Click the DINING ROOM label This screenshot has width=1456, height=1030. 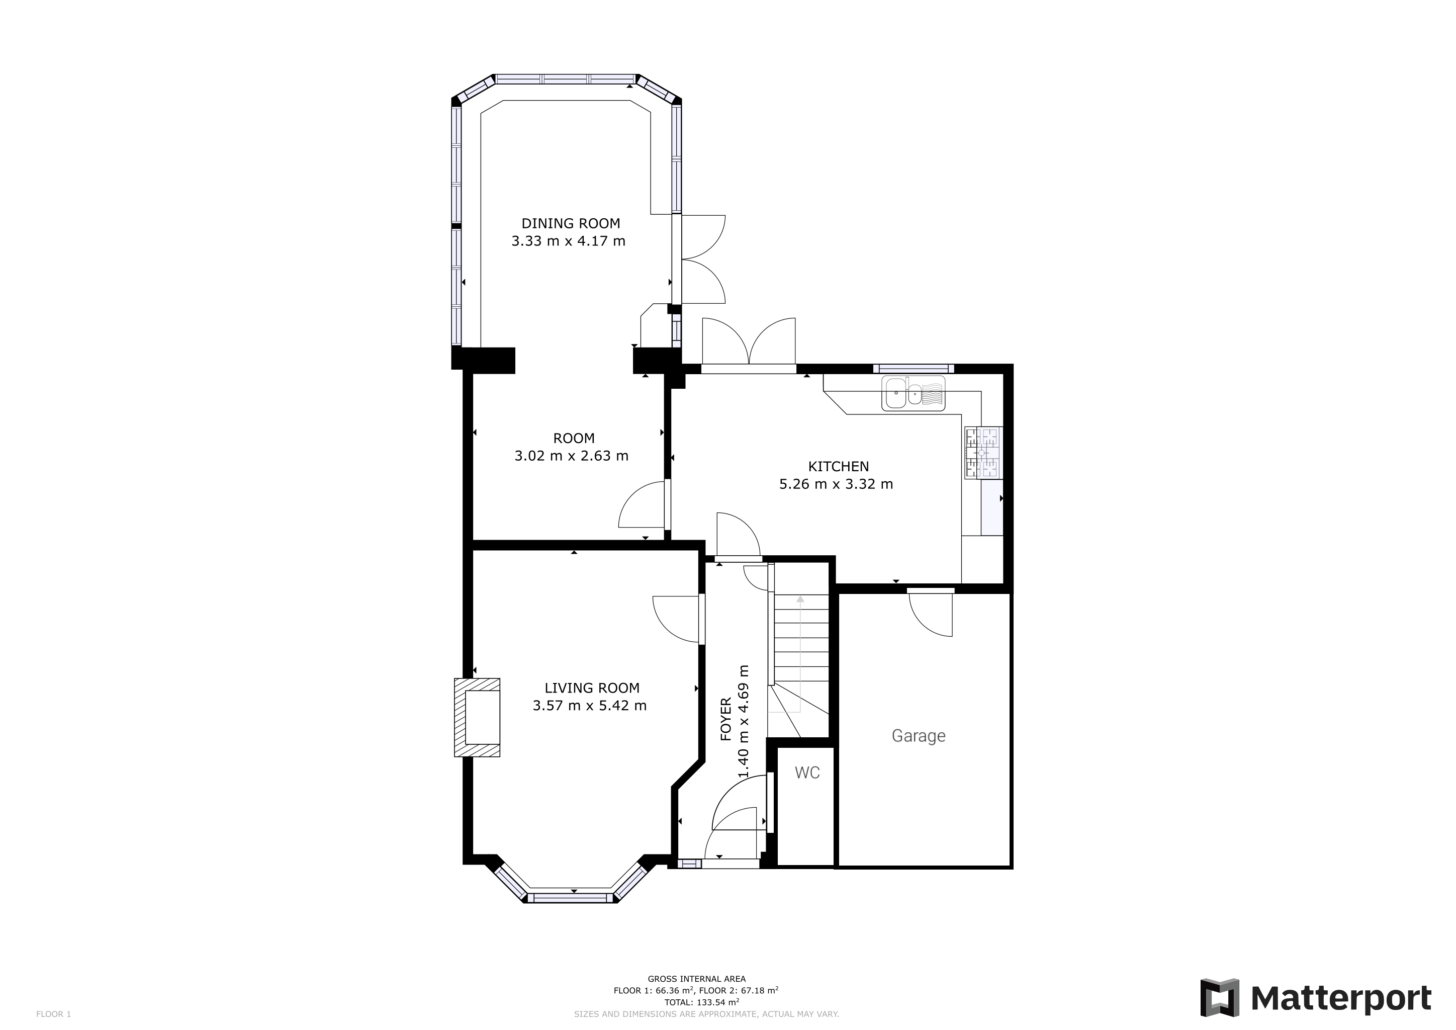[570, 223]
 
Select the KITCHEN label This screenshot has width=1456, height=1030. [838, 466]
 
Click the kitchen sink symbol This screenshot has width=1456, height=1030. [913, 393]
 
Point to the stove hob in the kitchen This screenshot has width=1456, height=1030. [982, 453]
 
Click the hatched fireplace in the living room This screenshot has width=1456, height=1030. [477, 717]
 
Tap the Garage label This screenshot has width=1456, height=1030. [918, 736]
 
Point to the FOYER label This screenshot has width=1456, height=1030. [726, 719]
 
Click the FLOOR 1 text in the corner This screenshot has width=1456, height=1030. [53, 1014]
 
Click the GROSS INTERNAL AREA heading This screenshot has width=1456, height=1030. [696, 979]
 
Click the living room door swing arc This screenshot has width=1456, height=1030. [677, 620]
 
